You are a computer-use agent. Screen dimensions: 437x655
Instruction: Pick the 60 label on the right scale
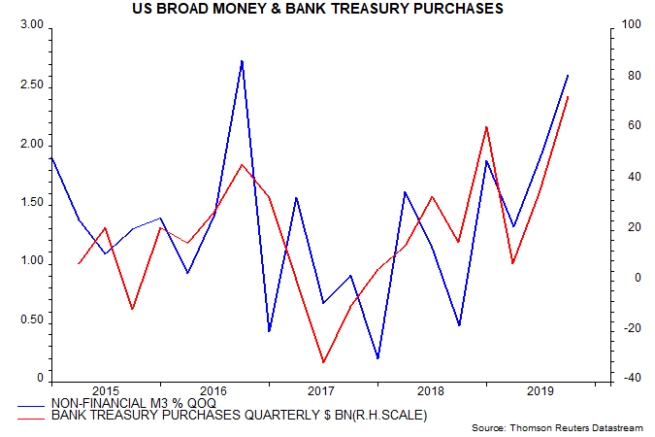(x=625, y=126)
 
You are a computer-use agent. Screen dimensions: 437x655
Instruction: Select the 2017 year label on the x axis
(x=321, y=391)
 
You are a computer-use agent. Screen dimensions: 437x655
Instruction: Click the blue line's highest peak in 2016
(x=242, y=60)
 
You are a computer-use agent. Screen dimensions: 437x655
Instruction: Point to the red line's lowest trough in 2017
(x=323, y=362)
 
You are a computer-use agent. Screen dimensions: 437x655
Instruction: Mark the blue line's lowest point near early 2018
(x=377, y=358)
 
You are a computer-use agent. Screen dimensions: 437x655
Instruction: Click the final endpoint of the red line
(x=568, y=97)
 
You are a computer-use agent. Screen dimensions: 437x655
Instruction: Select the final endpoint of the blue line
(x=568, y=75)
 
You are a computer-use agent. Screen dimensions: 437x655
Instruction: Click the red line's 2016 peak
(x=242, y=164)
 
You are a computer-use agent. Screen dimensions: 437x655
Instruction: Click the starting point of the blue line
(x=50, y=157)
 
